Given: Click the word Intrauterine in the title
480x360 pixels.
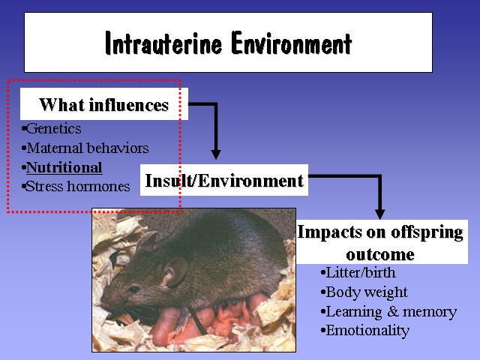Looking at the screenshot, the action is coord(163,43).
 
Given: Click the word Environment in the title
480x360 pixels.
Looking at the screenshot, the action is coord(291,43).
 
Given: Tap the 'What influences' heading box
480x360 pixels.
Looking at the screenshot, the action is coord(104,104).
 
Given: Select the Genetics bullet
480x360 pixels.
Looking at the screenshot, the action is coord(52,128).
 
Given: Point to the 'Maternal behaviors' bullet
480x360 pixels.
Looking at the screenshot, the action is coord(85,148).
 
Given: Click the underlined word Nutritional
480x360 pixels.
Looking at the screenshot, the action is coord(64,168).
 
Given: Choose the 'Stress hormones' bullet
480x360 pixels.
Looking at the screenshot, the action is coord(76,187).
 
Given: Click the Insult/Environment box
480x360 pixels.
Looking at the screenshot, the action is coord(224,180).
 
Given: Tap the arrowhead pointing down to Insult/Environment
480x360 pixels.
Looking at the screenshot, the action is coord(216,154).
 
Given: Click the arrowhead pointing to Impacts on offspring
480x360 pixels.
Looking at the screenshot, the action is coord(380,214).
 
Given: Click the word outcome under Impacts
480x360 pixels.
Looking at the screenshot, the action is coord(380,254).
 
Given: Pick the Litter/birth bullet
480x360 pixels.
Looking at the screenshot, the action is coord(358,272).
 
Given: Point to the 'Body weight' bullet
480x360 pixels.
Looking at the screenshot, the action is coord(364,292).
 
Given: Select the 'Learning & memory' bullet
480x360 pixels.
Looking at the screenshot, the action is coord(388,312).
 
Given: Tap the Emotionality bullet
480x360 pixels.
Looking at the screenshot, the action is coord(365,331).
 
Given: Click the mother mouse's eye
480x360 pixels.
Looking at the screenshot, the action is coord(133,289).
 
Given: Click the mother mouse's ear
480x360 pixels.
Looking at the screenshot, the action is coord(175,271).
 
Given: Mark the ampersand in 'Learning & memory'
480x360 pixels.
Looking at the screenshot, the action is coord(392,312).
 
